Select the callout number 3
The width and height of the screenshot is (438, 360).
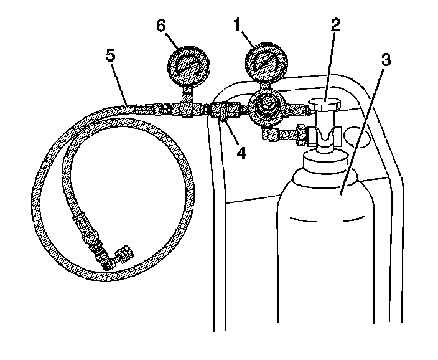coord(386,61)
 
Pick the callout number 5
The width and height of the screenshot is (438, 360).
coord(111,55)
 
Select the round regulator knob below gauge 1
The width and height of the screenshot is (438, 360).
coord(268,107)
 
